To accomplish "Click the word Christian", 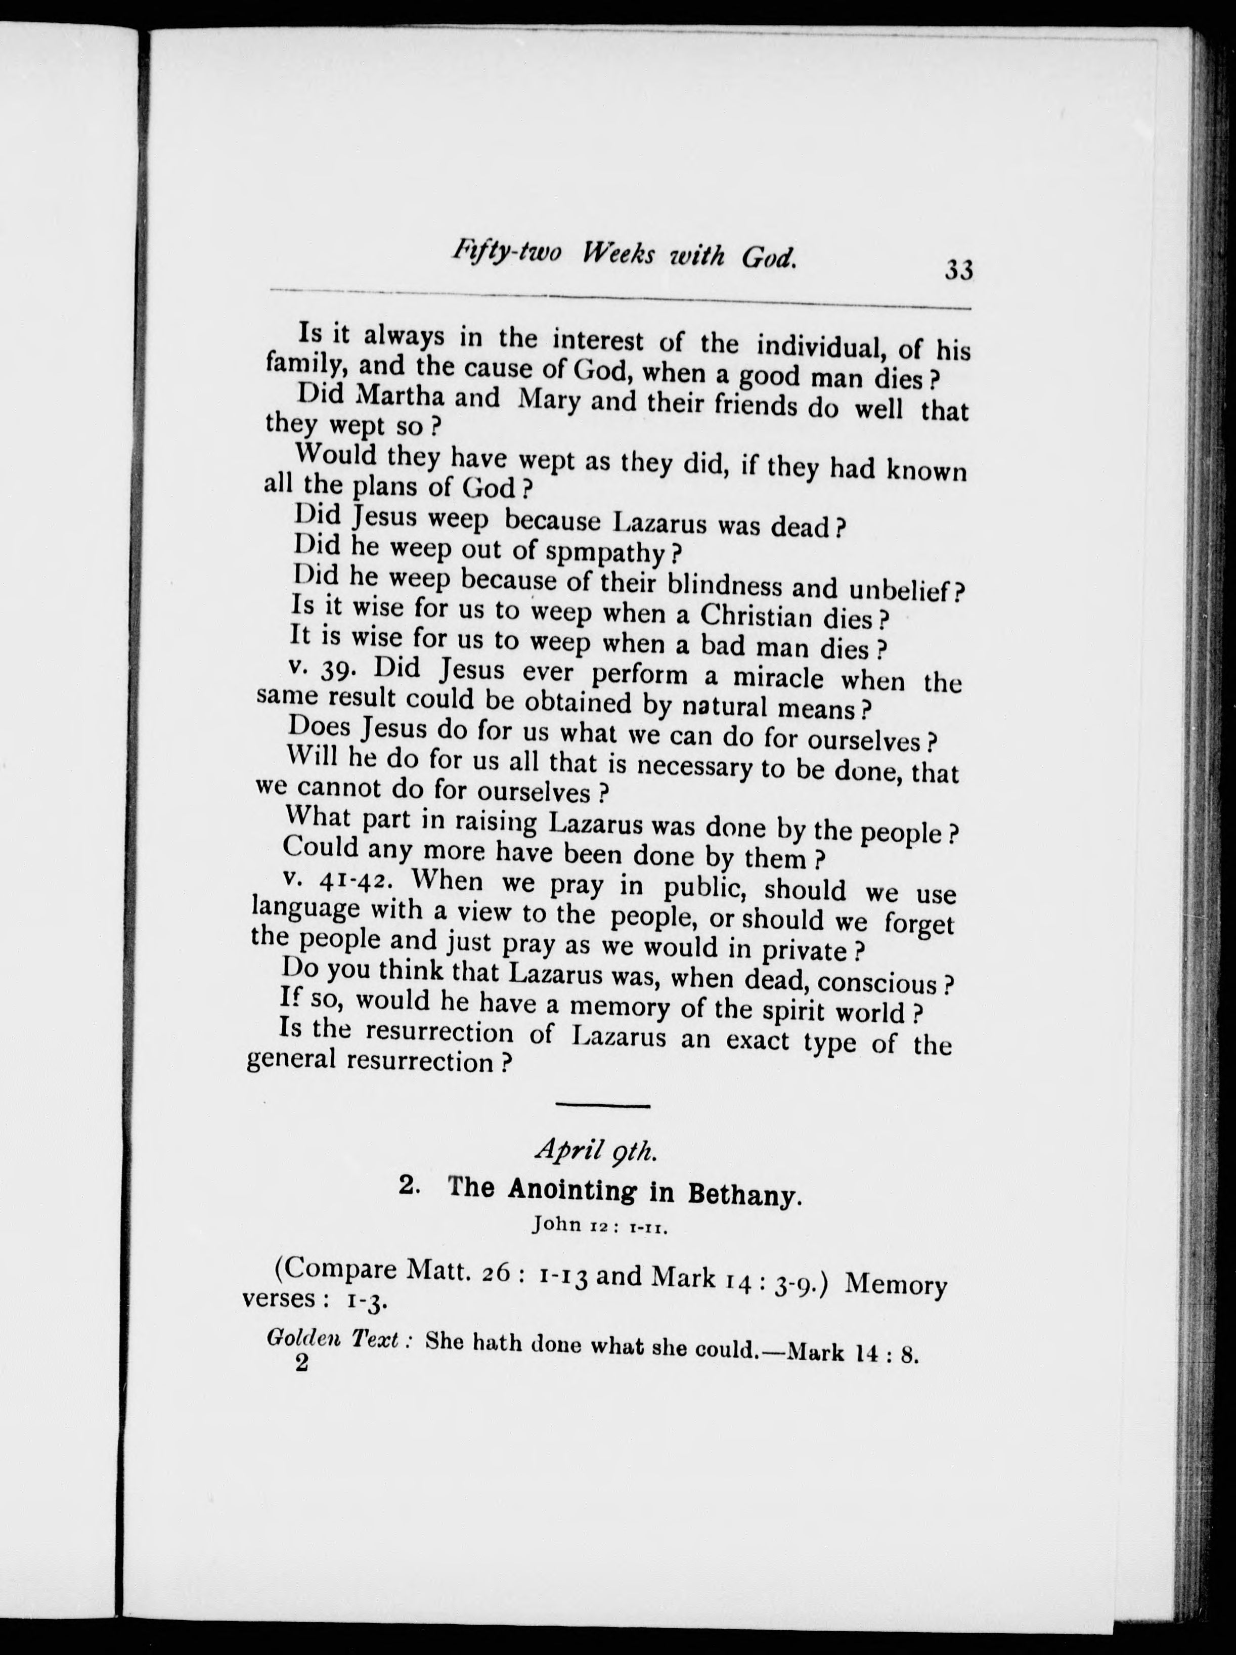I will coord(757,616).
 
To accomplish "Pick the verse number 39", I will coord(343,670).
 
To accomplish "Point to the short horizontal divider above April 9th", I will coord(602,1106).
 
